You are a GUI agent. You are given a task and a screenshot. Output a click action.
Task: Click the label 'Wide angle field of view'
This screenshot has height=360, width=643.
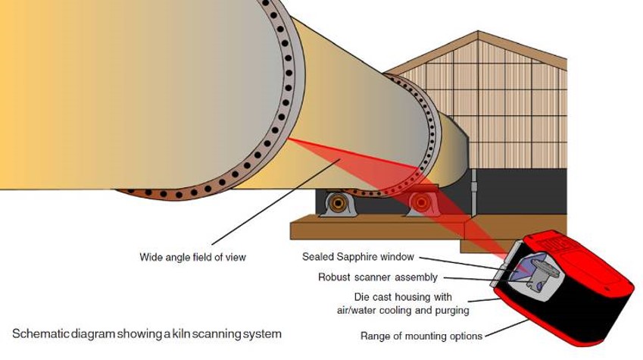pyautogui.click(x=192, y=257)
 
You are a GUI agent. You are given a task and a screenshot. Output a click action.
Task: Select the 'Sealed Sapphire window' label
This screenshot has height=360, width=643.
pyautogui.click(x=357, y=257)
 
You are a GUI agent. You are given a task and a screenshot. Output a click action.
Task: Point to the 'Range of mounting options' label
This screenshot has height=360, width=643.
pyautogui.click(x=420, y=335)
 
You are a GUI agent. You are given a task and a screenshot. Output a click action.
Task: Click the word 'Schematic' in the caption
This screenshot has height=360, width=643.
pyautogui.click(x=38, y=333)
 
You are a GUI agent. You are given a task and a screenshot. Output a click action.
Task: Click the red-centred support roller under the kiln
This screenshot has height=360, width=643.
pyautogui.click(x=419, y=203)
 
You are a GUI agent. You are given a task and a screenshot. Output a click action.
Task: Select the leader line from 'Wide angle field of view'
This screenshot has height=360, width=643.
pyautogui.click(x=258, y=212)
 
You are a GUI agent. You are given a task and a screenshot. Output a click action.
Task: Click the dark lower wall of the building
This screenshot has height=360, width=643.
pyautogui.click(x=523, y=189)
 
